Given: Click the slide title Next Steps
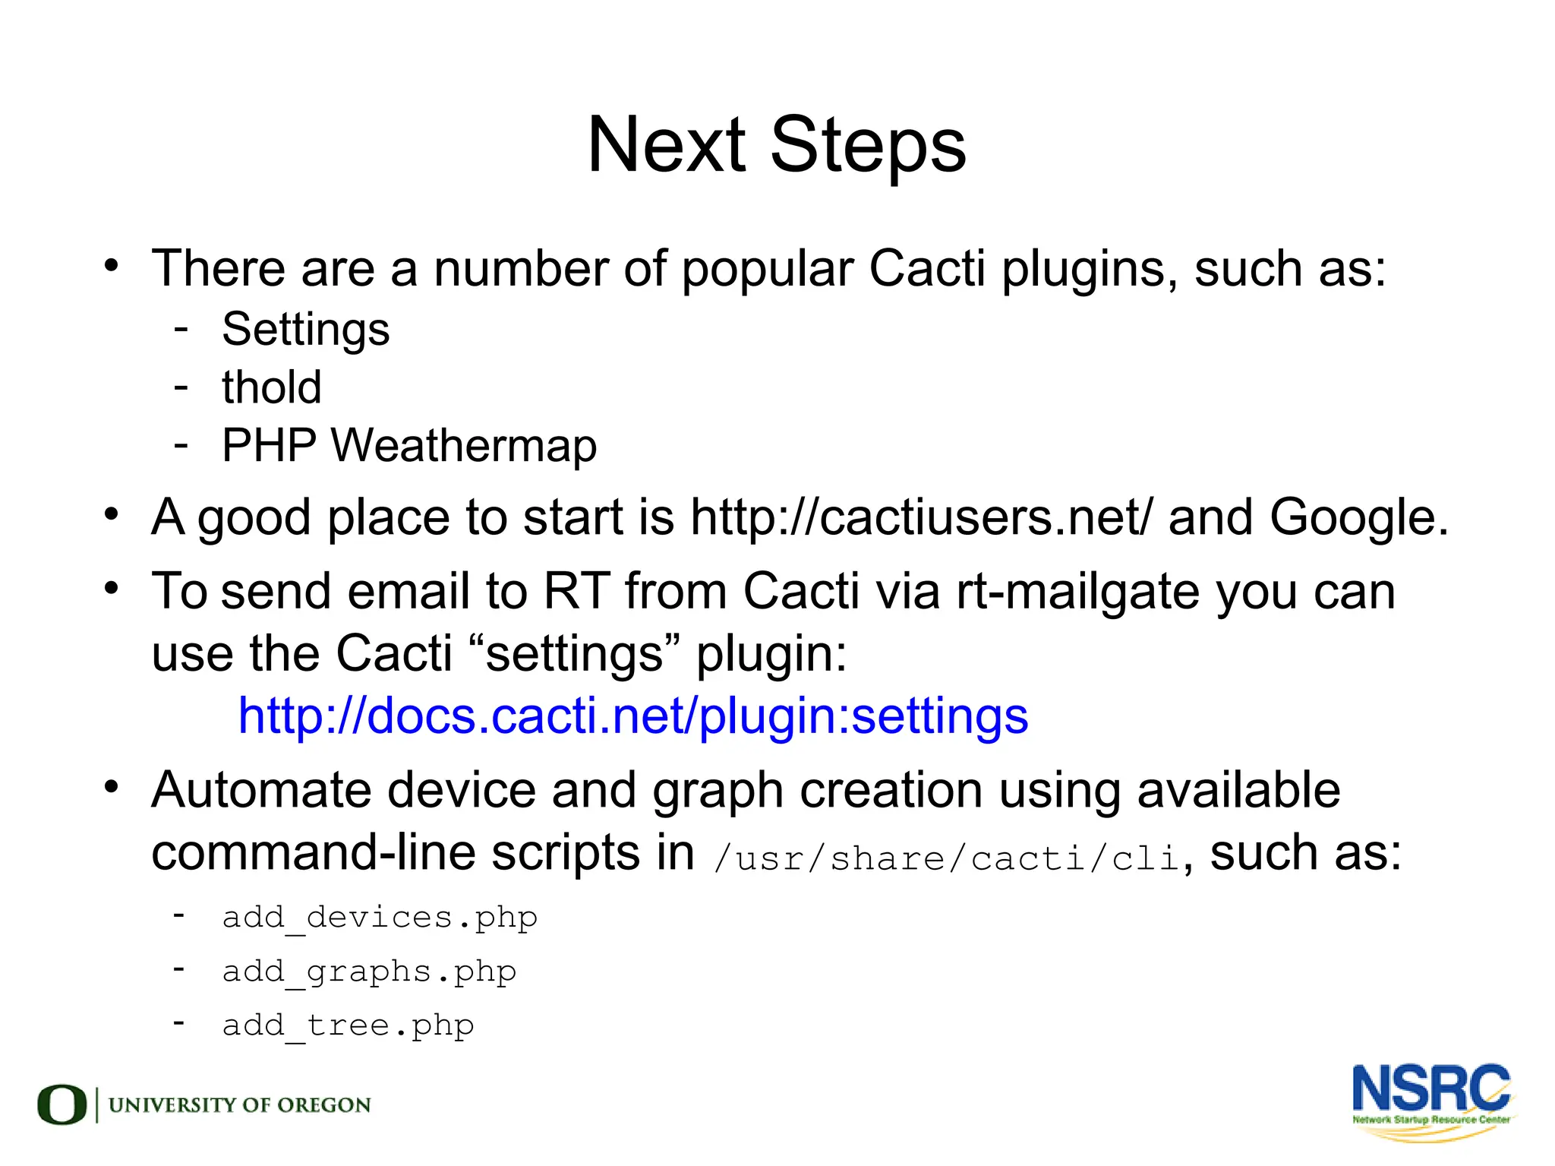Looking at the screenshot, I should [x=776, y=144].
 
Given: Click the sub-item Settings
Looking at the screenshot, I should [x=305, y=330].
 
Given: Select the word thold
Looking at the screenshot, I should [x=271, y=387].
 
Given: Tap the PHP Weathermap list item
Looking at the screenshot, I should [x=408, y=445].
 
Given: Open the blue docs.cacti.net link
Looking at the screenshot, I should [x=632, y=716].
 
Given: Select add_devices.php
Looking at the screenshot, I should [x=380, y=918].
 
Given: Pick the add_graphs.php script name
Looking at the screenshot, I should [x=369, y=972].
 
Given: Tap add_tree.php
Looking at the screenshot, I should [x=348, y=1025].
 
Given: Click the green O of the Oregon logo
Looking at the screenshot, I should [x=62, y=1104].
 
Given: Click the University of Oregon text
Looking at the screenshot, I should [x=239, y=1105].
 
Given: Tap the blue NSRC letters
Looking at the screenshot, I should [x=1430, y=1089].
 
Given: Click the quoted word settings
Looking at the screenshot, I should [x=575, y=653].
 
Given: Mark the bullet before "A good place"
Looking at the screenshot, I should [x=112, y=514].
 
